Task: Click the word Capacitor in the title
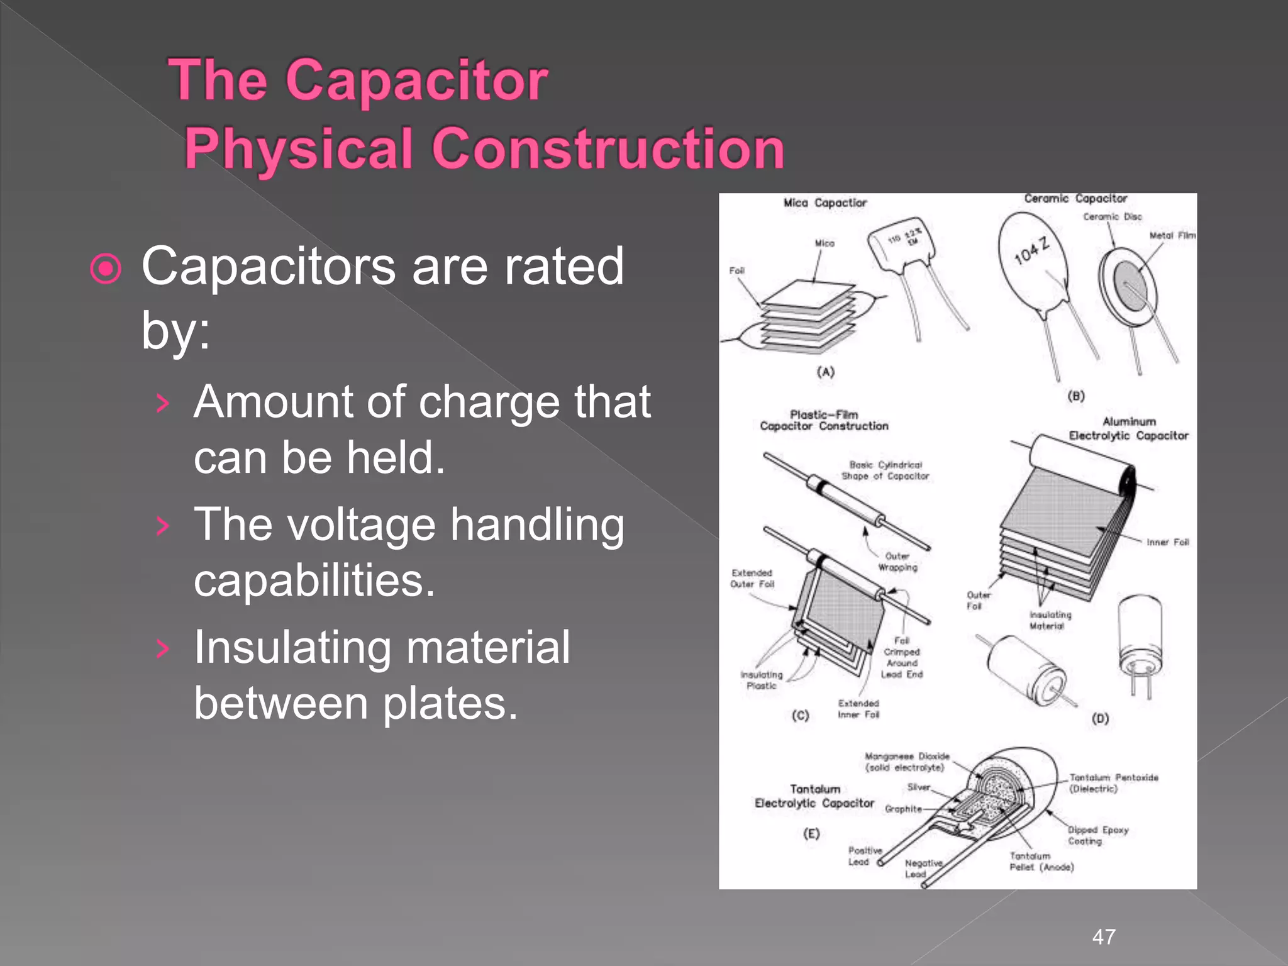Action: (416, 80)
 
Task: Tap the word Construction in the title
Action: (608, 148)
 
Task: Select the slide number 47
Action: (1104, 936)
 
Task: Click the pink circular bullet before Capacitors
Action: (106, 269)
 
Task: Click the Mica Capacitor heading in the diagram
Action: (824, 203)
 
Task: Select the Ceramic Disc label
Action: (1112, 217)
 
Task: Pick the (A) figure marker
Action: (825, 372)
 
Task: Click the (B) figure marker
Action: (1076, 396)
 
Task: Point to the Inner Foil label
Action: (1167, 542)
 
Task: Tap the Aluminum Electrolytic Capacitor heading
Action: (1129, 429)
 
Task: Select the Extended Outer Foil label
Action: (752, 579)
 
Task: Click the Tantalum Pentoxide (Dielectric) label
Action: (1113, 783)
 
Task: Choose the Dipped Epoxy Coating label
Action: (1097, 835)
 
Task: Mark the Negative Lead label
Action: (923, 869)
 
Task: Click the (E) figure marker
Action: (811, 833)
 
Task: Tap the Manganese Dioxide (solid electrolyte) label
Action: (906, 762)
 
